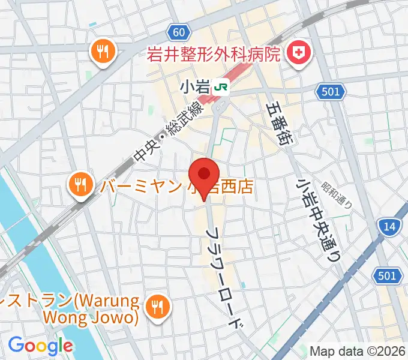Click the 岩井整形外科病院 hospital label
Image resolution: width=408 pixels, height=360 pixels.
click(x=214, y=56)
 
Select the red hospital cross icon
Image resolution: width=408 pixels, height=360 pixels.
click(x=298, y=55)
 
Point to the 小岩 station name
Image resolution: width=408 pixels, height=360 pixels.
click(x=194, y=87)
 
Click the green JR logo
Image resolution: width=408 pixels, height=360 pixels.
click(x=221, y=87)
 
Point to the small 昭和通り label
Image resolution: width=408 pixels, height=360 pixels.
click(x=338, y=196)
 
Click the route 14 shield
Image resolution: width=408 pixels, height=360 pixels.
click(x=388, y=226)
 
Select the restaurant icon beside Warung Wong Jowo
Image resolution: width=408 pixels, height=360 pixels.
click(x=157, y=307)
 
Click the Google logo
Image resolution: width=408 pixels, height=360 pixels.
click(x=40, y=346)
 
